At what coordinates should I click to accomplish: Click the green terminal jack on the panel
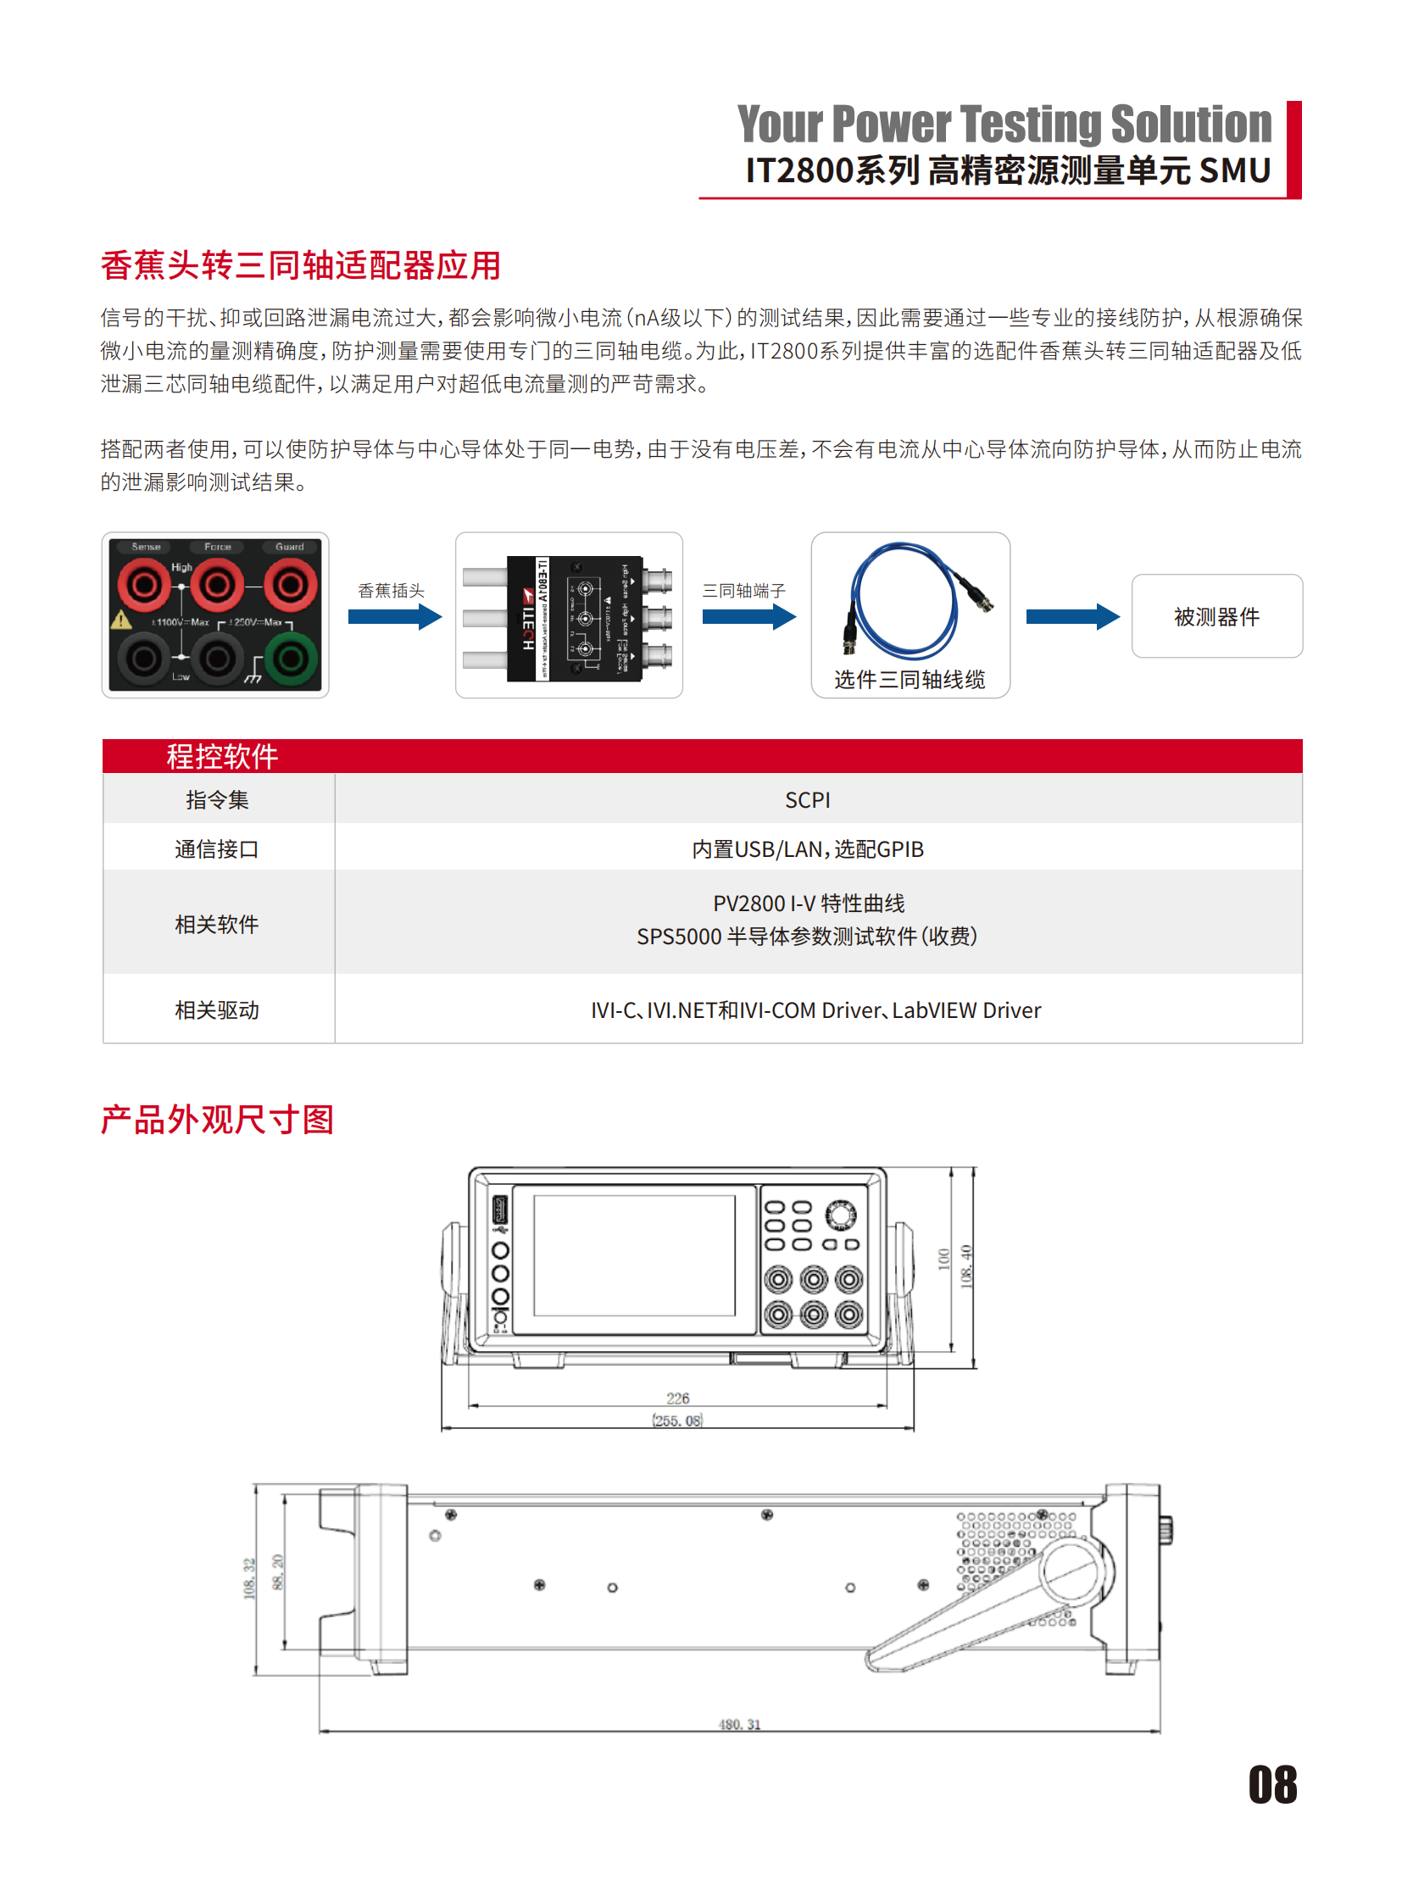(x=290, y=658)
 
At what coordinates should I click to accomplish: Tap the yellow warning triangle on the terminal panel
(x=121, y=620)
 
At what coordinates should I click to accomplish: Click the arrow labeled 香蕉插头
(x=395, y=616)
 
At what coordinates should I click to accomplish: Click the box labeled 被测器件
(x=1216, y=616)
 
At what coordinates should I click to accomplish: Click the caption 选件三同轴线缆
(x=909, y=679)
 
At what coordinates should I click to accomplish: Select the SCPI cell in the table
(x=807, y=799)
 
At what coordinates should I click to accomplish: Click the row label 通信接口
(x=216, y=848)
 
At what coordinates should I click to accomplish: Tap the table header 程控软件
(x=221, y=756)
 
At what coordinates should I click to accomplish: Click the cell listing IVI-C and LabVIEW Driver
(x=815, y=1010)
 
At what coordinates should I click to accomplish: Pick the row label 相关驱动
(x=216, y=1010)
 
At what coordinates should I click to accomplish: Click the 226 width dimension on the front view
(x=677, y=1398)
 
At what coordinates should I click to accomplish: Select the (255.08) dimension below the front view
(x=677, y=1420)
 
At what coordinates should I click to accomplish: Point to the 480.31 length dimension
(x=739, y=1724)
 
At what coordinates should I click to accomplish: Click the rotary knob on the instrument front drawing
(x=840, y=1214)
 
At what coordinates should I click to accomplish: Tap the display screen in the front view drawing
(x=634, y=1255)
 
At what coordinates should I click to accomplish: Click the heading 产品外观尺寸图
(x=217, y=1120)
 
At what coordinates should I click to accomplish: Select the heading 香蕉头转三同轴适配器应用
(x=300, y=265)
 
